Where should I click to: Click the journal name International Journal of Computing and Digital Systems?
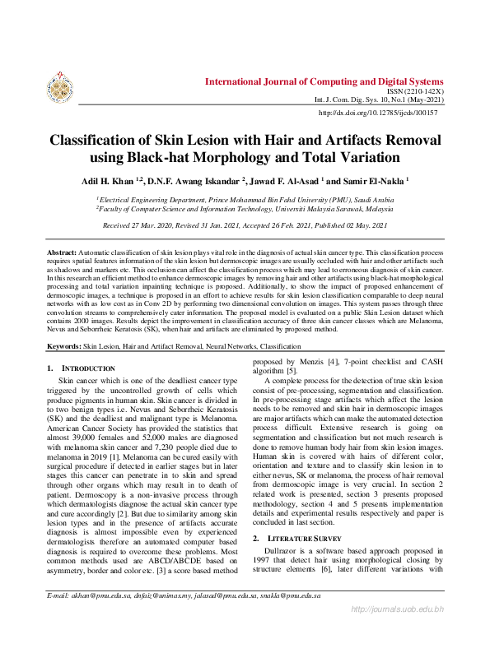pos(324,82)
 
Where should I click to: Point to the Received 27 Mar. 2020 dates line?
pos(244,225)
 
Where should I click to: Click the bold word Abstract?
pos(61,248)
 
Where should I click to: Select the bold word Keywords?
pos(63,348)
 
